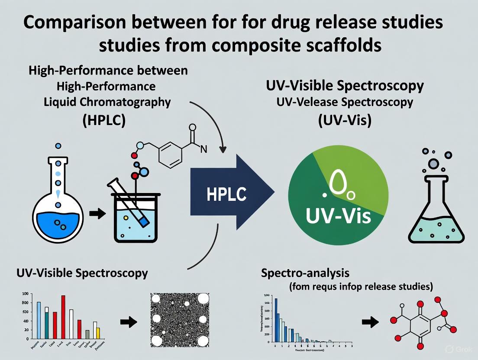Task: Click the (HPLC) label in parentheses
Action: [104, 120]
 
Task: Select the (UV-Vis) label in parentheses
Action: [345, 120]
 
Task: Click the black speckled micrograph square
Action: [180, 321]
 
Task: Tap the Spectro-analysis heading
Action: [305, 273]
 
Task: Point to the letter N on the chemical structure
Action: [203, 150]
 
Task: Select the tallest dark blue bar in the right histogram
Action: [276, 320]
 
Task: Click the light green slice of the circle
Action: [351, 177]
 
